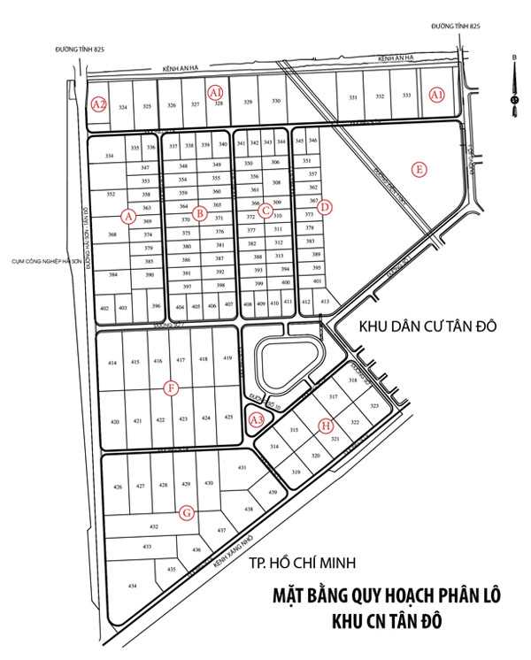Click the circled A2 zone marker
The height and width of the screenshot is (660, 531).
pos(99,104)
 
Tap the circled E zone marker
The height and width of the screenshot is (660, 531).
pos(419,168)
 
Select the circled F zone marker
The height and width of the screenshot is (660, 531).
pos(172,388)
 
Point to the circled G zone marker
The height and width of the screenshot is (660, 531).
pos(187,513)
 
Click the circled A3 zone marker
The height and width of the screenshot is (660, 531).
pos(258,420)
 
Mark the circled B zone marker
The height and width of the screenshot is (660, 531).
pos(201,212)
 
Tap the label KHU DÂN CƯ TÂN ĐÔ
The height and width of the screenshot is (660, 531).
pos(427,326)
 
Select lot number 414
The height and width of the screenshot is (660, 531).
pos(112,363)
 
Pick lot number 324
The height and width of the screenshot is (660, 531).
pos(123,107)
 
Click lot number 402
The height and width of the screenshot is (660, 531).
pos(104,308)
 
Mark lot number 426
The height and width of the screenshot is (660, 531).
pos(118,487)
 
